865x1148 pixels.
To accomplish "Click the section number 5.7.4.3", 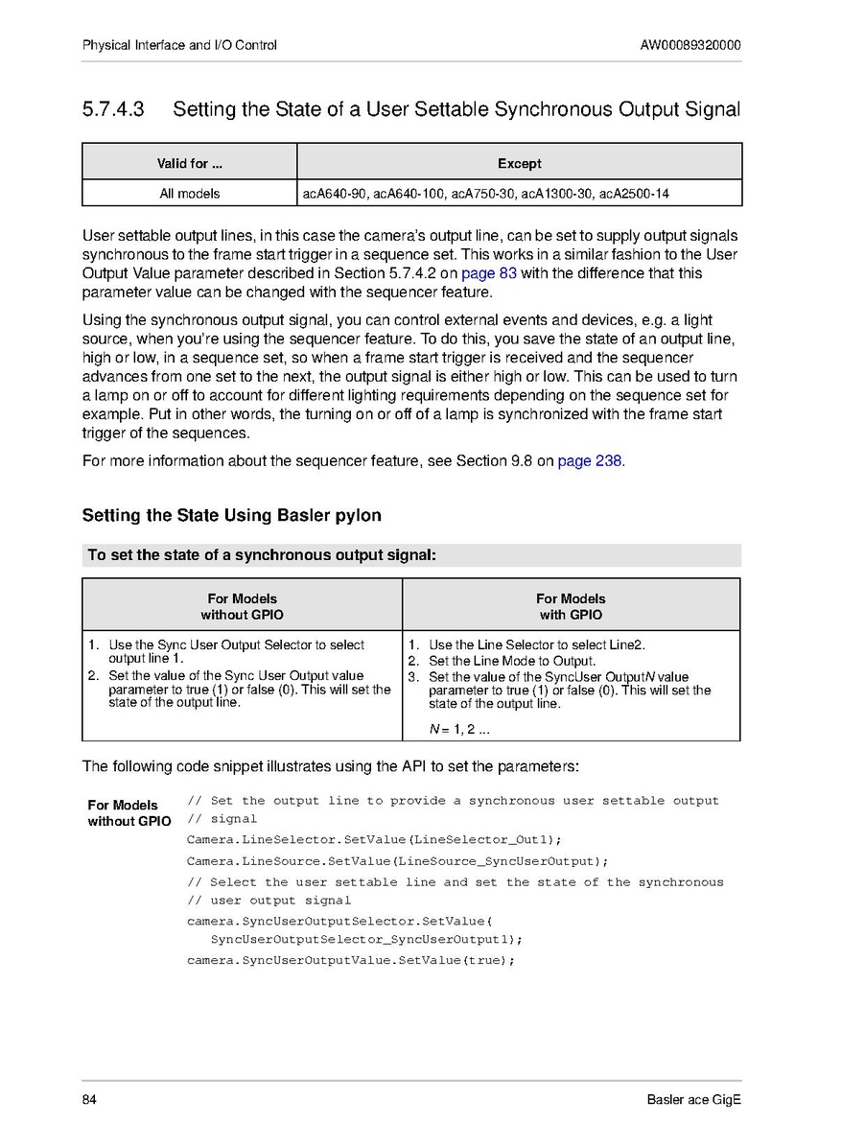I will tap(113, 109).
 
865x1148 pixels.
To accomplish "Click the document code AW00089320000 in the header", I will tap(690, 45).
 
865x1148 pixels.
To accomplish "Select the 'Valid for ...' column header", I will tap(189, 163).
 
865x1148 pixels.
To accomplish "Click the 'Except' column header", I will tap(520, 163).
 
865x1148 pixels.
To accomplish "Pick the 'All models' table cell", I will tap(189, 194).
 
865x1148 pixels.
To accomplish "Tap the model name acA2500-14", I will tap(634, 194).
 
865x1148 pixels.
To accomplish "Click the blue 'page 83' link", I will tap(489, 273).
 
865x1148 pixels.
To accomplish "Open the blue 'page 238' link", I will tap(590, 461).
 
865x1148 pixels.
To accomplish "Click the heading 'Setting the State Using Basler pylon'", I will tap(232, 516).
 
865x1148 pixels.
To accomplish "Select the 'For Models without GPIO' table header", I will tap(242, 606).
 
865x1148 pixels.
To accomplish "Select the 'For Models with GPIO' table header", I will tap(571, 606).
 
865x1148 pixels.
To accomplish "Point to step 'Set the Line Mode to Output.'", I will tap(512, 661).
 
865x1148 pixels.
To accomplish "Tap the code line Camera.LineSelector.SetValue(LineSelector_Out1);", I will tap(374, 840).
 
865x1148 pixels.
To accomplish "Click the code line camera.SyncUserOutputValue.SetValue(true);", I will tap(351, 960).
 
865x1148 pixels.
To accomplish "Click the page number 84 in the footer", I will tap(90, 1100).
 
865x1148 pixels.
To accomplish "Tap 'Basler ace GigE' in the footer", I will tap(693, 1100).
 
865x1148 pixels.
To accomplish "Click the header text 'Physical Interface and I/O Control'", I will tap(179, 45).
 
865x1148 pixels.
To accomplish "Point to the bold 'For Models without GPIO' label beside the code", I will tap(129, 813).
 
